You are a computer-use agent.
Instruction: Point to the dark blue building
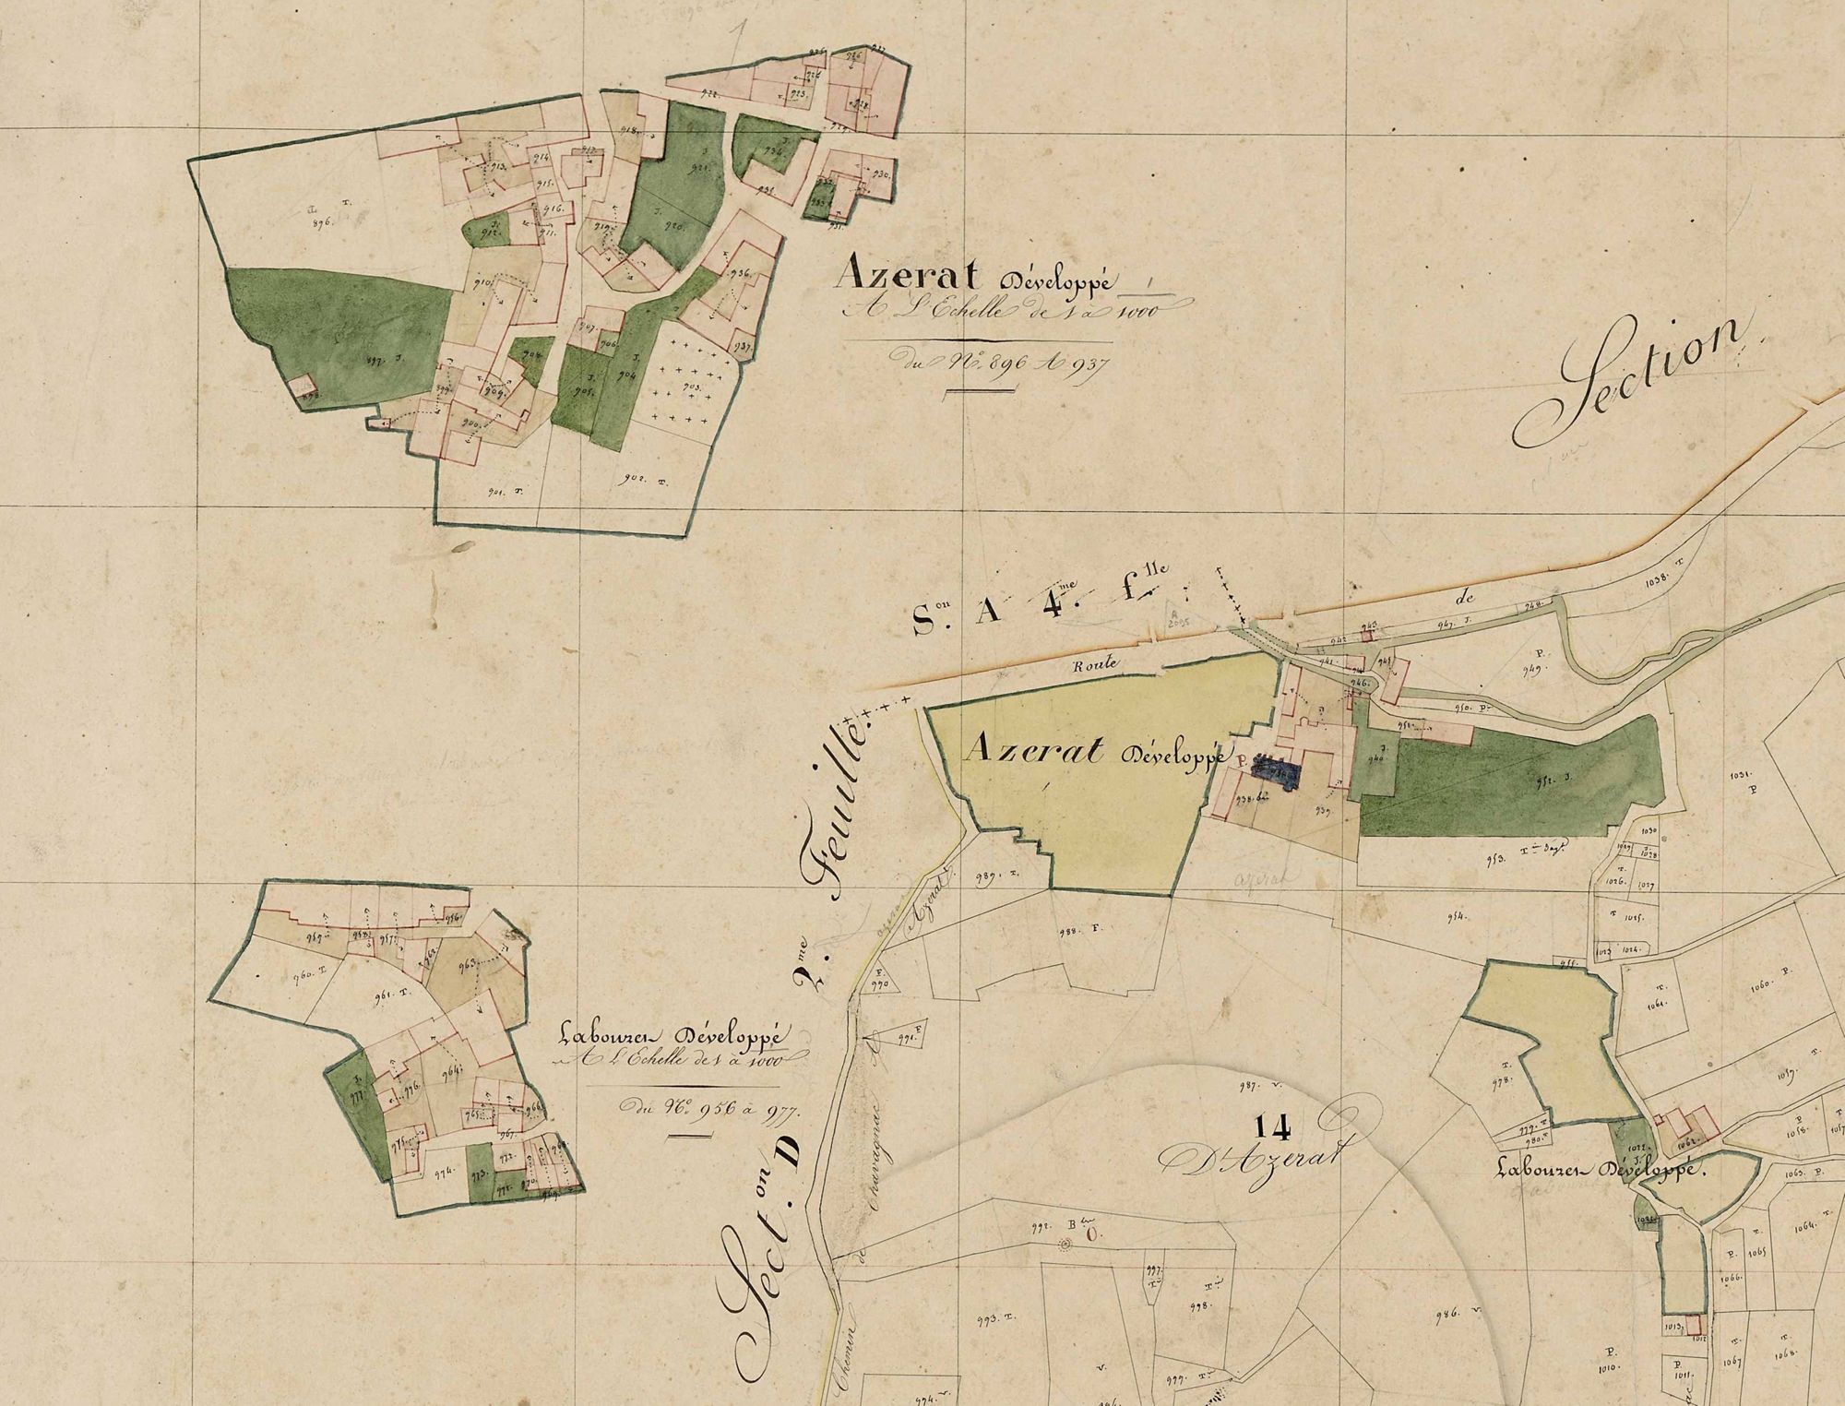coord(1277,775)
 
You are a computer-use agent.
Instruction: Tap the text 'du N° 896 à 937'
coord(1000,361)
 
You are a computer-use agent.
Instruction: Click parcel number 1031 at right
coord(1747,776)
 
